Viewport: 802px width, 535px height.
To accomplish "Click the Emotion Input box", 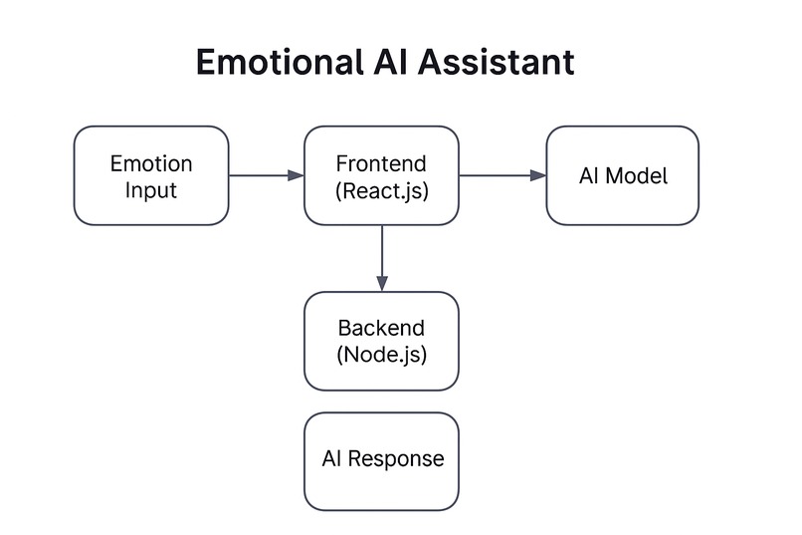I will tap(151, 175).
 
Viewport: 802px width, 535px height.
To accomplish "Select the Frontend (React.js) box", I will tap(381, 175).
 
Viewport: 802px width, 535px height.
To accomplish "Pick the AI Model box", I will tap(622, 175).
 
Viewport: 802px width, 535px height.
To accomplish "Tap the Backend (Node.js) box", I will tap(381, 341).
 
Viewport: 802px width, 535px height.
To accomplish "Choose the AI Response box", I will tap(381, 461).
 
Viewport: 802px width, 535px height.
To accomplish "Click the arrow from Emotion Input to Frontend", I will tap(266, 175).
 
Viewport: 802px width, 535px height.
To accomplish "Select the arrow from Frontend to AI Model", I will tap(502, 175).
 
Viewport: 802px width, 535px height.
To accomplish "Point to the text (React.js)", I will tap(382, 189).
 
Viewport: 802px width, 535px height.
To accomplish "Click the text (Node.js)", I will tap(382, 354).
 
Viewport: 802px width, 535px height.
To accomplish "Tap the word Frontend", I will tap(382, 162).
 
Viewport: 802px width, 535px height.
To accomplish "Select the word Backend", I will tap(382, 328).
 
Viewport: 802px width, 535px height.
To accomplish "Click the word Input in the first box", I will tap(151, 189).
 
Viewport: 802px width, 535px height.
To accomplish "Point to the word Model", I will tap(637, 176).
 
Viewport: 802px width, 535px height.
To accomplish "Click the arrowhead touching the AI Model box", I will tap(538, 175).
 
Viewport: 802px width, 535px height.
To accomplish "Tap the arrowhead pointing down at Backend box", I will tap(381, 284).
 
